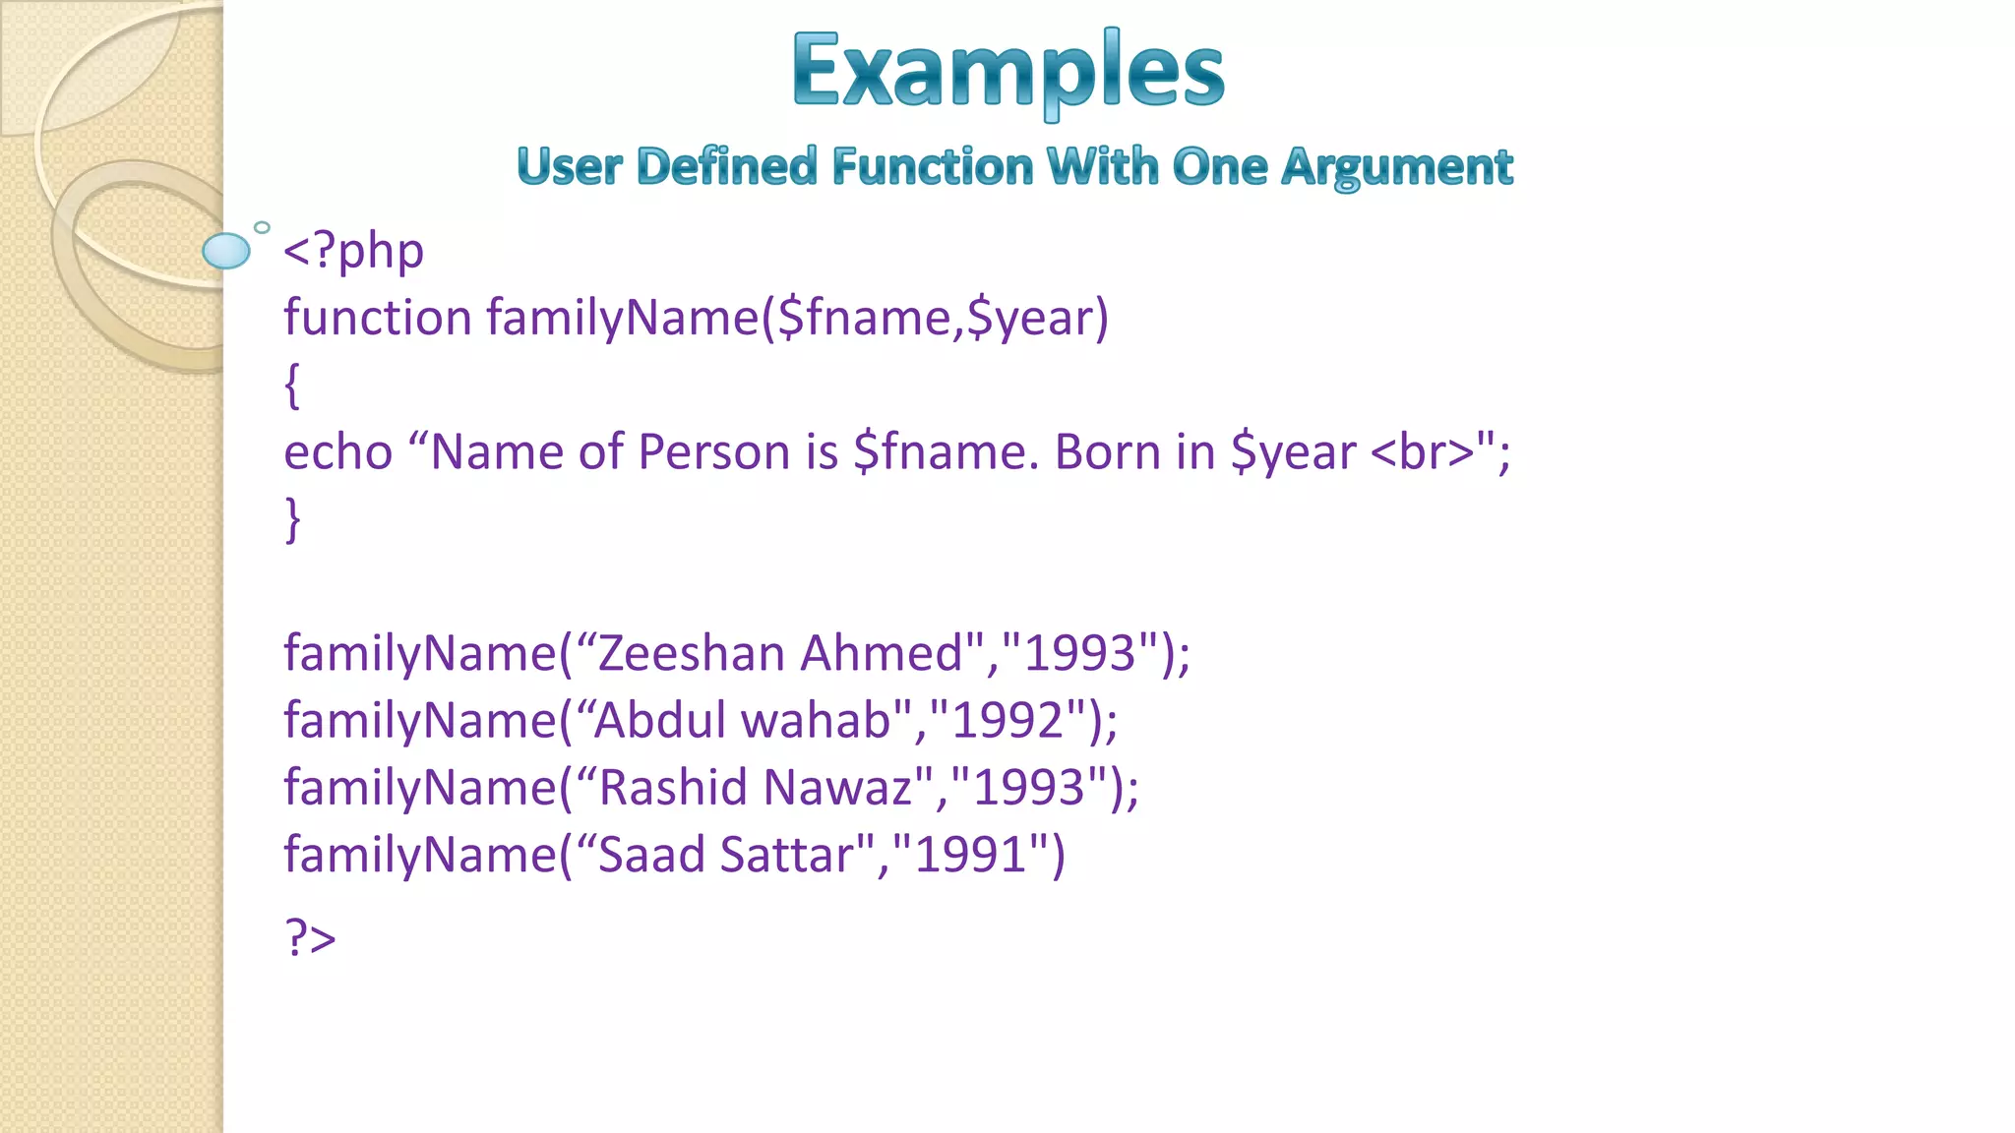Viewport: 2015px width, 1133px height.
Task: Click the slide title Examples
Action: click(x=1007, y=71)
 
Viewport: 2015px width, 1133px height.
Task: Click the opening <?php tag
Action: click(x=353, y=252)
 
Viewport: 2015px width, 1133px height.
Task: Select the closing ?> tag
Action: click(x=310, y=937)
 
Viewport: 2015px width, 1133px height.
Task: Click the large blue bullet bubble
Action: click(x=226, y=251)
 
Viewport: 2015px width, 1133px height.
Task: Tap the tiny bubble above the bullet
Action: click(x=262, y=227)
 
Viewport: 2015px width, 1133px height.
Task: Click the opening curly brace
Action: click(x=292, y=385)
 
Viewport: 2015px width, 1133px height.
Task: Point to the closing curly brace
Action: click(x=292, y=519)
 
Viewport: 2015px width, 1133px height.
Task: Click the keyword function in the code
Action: click(x=378, y=319)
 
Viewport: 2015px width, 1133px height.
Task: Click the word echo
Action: click(x=337, y=453)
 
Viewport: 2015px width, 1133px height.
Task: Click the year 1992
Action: click(x=1007, y=721)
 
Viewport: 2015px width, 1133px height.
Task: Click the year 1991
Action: click(x=971, y=855)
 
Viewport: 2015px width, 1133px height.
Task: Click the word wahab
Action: click(x=816, y=721)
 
